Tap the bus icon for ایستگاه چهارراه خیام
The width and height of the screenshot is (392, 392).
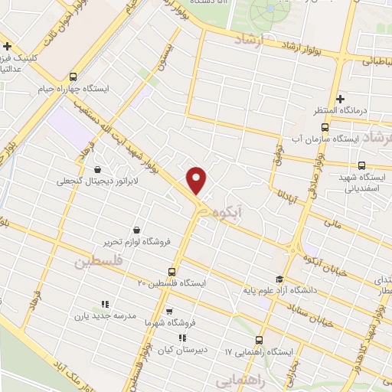73,77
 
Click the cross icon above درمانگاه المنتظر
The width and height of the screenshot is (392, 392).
341,98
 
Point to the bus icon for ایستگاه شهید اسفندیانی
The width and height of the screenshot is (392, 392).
362,165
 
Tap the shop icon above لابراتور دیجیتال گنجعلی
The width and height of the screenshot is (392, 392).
97,169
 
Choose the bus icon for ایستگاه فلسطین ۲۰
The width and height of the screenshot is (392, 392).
171,271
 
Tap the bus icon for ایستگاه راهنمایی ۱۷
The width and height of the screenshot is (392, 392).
259,340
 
